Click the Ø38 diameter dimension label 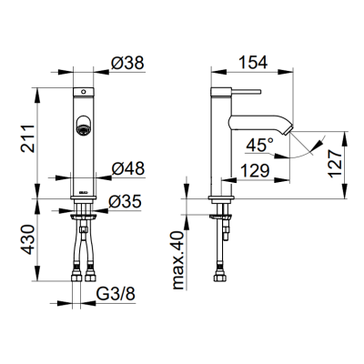[x=127, y=63]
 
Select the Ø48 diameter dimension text [x=127, y=168]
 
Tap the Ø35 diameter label [x=125, y=201]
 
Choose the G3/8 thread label [x=116, y=294]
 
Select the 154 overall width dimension [x=253, y=63]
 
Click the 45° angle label [x=259, y=145]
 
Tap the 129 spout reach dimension [x=255, y=171]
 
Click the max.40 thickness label [x=178, y=260]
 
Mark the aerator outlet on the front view [x=83, y=125]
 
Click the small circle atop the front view [x=84, y=91]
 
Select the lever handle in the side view [x=246, y=91]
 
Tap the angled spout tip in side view [x=288, y=129]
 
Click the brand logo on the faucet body [x=84, y=192]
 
